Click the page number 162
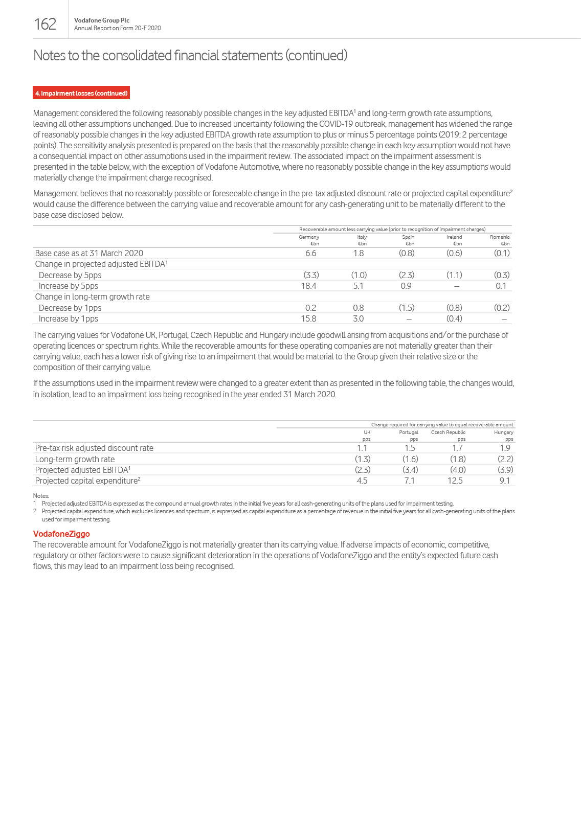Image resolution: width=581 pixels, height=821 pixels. tap(45, 24)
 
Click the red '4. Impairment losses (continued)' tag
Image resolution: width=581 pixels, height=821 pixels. tap(81, 93)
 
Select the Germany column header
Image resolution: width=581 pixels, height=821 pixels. tap(309, 237)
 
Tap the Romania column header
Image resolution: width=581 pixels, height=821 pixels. tap(500, 237)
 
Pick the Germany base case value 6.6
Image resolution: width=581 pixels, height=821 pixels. tap(310, 253)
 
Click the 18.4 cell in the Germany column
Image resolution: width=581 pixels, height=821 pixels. tap(308, 286)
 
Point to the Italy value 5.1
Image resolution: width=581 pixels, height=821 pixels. tap(358, 286)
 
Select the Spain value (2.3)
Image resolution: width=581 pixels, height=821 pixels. tap(407, 275)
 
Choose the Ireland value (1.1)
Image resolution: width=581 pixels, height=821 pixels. tap(454, 275)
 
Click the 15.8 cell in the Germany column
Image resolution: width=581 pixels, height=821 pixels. tap(308, 318)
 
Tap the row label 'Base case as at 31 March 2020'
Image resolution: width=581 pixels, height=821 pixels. tap(89, 253)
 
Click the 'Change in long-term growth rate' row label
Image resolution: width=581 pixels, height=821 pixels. tap(92, 297)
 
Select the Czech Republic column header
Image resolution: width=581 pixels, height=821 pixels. tap(448, 432)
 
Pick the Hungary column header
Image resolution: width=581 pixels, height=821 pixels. tap(503, 432)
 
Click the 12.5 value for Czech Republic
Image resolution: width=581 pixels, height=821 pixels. tap(455, 481)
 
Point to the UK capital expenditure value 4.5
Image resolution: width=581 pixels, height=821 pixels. tap(362, 481)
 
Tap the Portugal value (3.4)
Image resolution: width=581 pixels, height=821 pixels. tap(410, 470)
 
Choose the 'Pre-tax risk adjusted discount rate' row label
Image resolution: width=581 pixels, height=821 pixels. tap(94, 448)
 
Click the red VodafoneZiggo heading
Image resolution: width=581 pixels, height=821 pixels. tap(61, 534)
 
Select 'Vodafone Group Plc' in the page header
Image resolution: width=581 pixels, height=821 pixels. tap(102, 20)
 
